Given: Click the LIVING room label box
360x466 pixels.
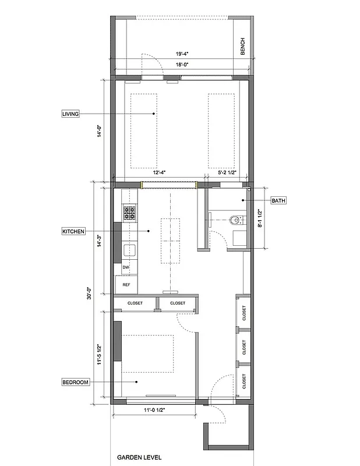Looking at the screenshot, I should click(x=70, y=114).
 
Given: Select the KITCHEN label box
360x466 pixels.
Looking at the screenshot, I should click(x=73, y=231).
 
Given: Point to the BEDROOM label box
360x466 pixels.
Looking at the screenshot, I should click(x=76, y=382).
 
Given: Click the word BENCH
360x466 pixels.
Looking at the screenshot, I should click(x=242, y=47).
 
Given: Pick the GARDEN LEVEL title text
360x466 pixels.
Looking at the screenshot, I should click(x=139, y=458).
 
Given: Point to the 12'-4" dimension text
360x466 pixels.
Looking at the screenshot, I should click(x=160, y=172).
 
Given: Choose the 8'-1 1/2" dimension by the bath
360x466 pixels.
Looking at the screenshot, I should click(x=260, y=218).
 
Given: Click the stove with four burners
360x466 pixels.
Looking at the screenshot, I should click(x=129, y=213).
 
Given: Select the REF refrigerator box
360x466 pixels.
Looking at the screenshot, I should click(x=126, y=285).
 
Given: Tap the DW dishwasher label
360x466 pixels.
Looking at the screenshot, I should click(x=126, y=267).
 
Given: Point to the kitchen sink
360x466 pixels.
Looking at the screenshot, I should click(x=129, y=251).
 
